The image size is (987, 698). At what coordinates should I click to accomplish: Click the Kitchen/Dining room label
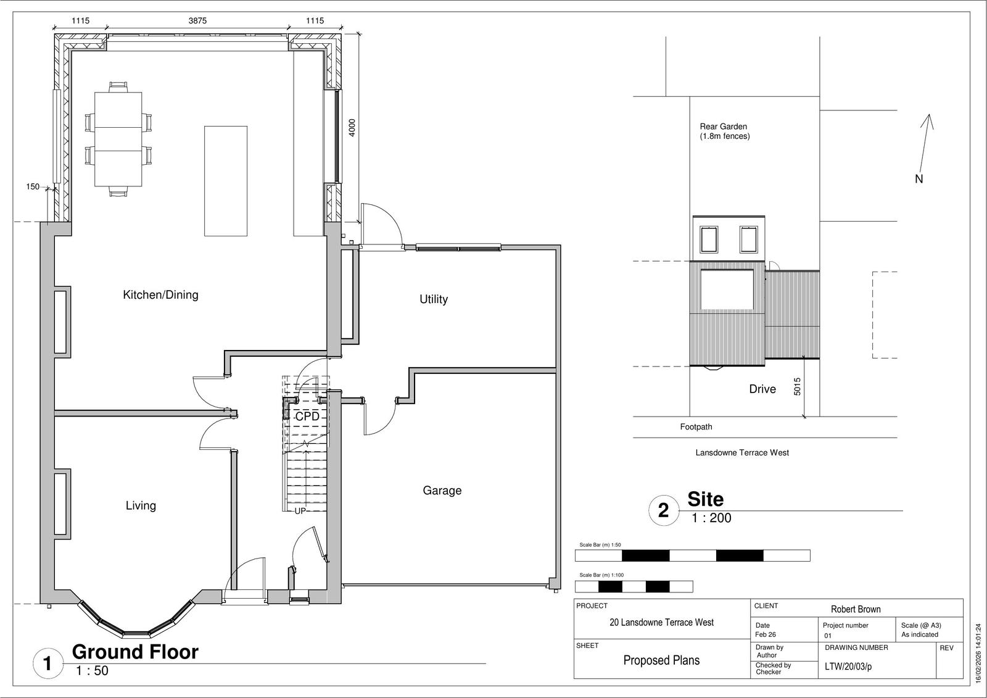click(160, 294)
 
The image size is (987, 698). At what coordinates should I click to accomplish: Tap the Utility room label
click(434, 299)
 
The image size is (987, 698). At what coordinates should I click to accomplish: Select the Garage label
click(442, 490)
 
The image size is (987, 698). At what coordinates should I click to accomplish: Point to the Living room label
click(141, 505)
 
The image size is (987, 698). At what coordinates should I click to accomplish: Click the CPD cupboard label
click(307, 416)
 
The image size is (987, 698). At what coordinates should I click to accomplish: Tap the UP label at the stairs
click(300, 511)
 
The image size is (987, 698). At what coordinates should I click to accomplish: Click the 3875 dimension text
click(197, 21)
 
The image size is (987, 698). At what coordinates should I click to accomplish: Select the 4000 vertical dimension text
click(352, 127)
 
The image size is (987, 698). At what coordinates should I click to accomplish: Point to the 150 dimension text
click(33, 186)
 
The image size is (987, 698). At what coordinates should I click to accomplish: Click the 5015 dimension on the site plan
click(797, 386)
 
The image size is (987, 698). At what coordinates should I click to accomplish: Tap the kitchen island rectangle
click(226, 181)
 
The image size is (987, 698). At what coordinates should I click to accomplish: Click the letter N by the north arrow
click(919, 178)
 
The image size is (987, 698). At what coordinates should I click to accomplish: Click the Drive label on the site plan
click(762, 389)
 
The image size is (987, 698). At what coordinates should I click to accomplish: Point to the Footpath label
click(696, 427)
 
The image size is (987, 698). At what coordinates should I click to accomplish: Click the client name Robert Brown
click(856, 609)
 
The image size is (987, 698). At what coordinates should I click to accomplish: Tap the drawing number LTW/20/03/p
click(848, 667)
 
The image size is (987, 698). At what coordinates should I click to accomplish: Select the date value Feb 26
click(766, 634)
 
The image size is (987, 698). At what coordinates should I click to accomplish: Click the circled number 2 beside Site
click(664, 510)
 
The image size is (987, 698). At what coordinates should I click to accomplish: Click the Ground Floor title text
click(135, 652)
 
